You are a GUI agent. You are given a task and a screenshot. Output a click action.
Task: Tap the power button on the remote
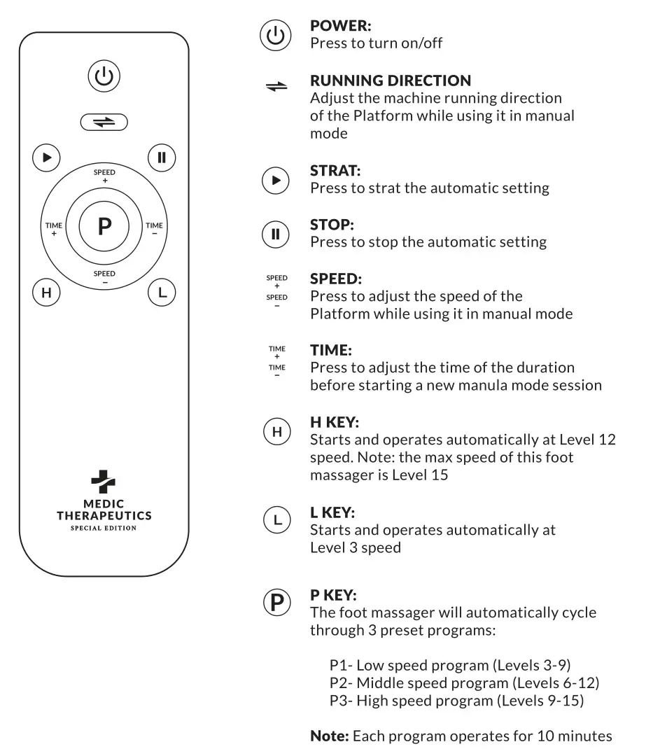point(104,76)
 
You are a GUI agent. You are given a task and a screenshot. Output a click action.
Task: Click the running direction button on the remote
point(104,122)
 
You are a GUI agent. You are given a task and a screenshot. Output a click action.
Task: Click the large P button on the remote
point(104,226)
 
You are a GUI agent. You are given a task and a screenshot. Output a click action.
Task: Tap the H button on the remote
point(46,293)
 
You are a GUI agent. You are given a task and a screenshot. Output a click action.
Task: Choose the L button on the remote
point(162,293)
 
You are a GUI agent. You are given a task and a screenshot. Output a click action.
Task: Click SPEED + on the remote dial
point(104,176)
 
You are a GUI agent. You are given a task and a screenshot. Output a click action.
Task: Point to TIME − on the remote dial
point(154,229)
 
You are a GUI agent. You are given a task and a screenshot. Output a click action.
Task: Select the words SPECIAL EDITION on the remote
point(104,528)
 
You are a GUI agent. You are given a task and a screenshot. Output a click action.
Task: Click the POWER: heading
point(340,26)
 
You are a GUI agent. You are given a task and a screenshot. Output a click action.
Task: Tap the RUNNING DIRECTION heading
point(390,80)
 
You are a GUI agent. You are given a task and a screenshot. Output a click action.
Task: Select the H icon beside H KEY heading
point(276,433)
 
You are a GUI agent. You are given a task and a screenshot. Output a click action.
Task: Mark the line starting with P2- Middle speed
point(464,682)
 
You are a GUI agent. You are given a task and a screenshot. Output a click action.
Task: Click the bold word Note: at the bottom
point(330,736)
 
